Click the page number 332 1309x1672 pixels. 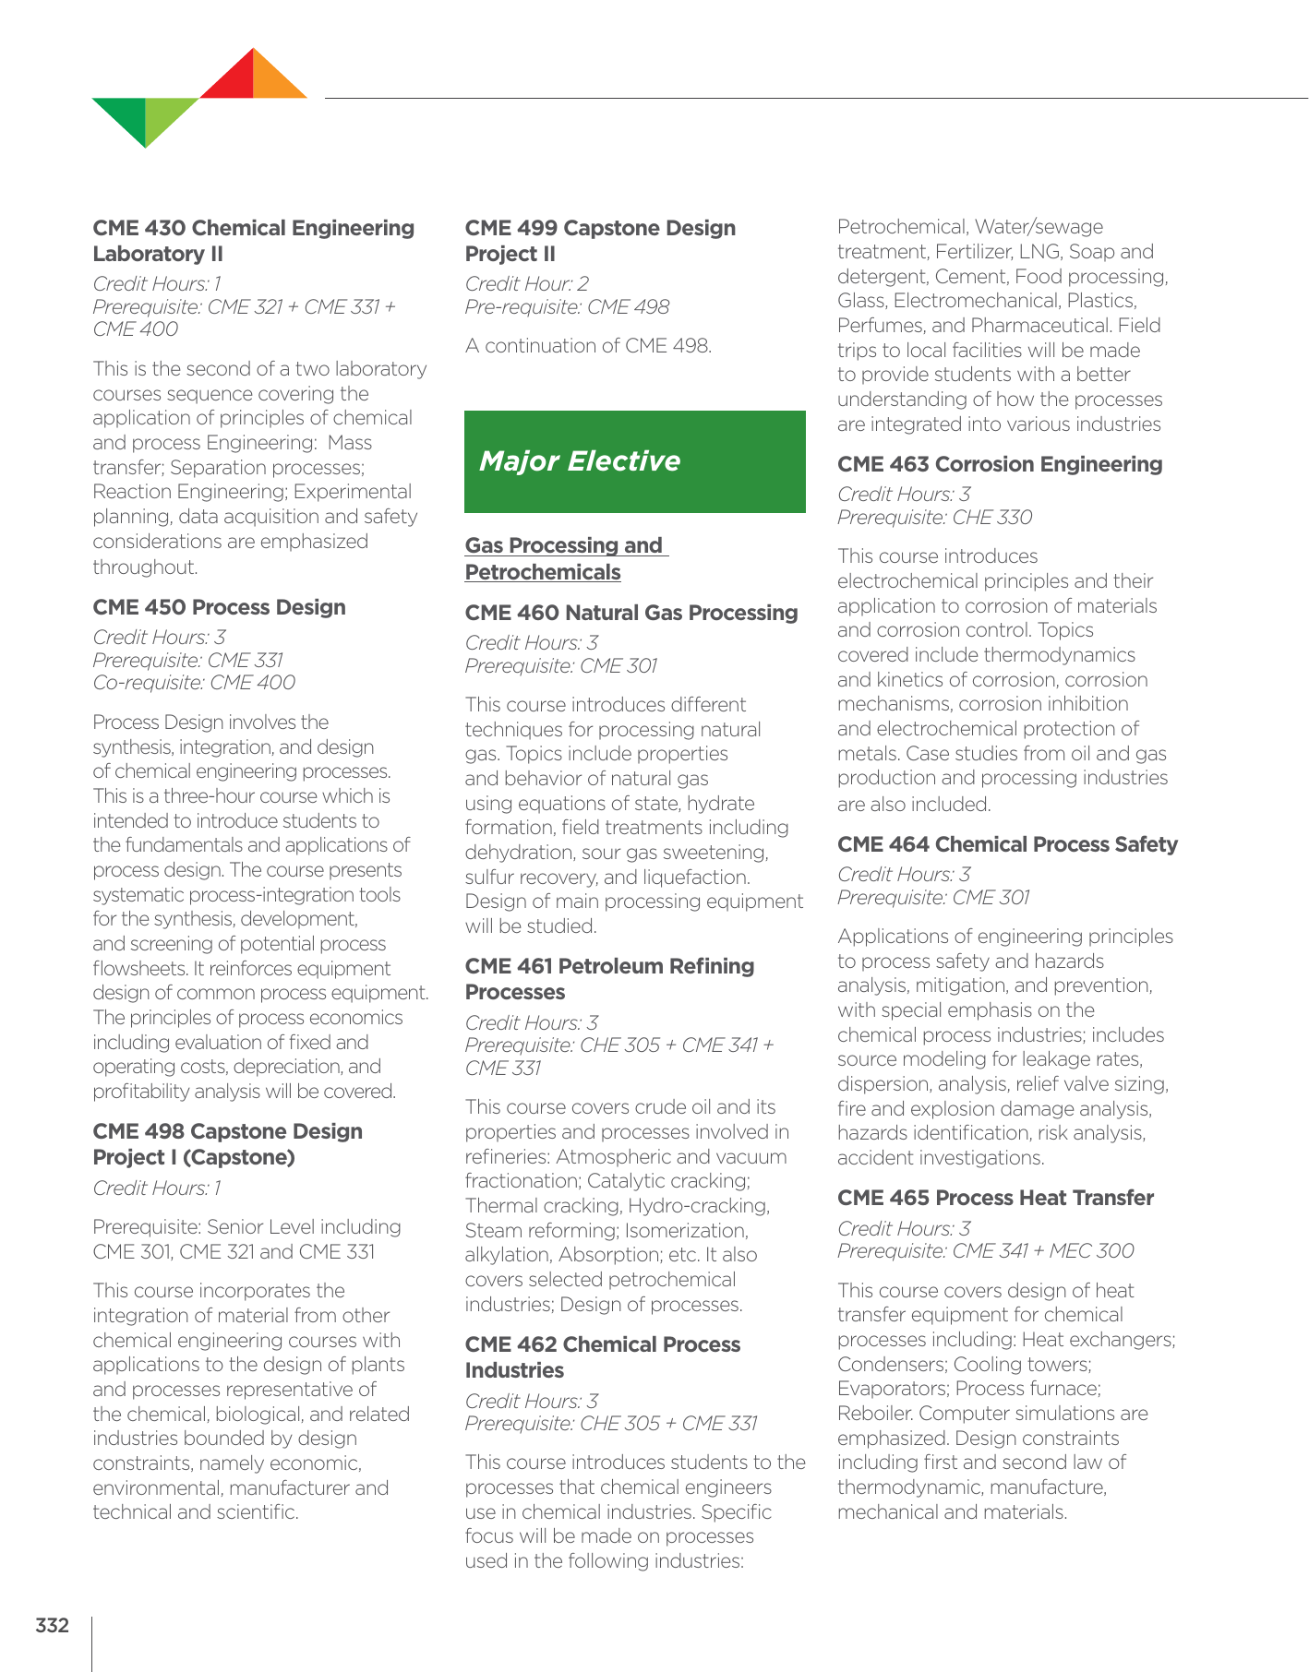tap(53, 1625)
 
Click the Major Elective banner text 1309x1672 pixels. tap(580, 460)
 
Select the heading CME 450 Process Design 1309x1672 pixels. tap(219, 607)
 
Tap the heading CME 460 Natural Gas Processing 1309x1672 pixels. tap(631, 613)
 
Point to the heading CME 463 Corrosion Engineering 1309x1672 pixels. tap(1000, 464)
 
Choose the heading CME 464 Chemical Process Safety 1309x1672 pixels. tap(1007, 844)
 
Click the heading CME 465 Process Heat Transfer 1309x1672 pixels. tap(995, 1198)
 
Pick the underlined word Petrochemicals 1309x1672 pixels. tap(543, 572)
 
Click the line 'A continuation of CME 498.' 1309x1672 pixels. tap(588, 346)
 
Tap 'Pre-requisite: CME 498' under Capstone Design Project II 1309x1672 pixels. tap(567, 306)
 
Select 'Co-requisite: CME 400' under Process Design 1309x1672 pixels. tap(194, 683)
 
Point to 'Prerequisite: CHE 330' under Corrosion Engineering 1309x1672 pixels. tap(934, 517)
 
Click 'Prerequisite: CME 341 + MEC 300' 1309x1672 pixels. tap(986, 1250)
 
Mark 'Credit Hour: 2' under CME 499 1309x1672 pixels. tap(526, 283)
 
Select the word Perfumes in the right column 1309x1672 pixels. tap(875, 326)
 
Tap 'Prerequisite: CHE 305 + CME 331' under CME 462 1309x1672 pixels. tap(611, 1423)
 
